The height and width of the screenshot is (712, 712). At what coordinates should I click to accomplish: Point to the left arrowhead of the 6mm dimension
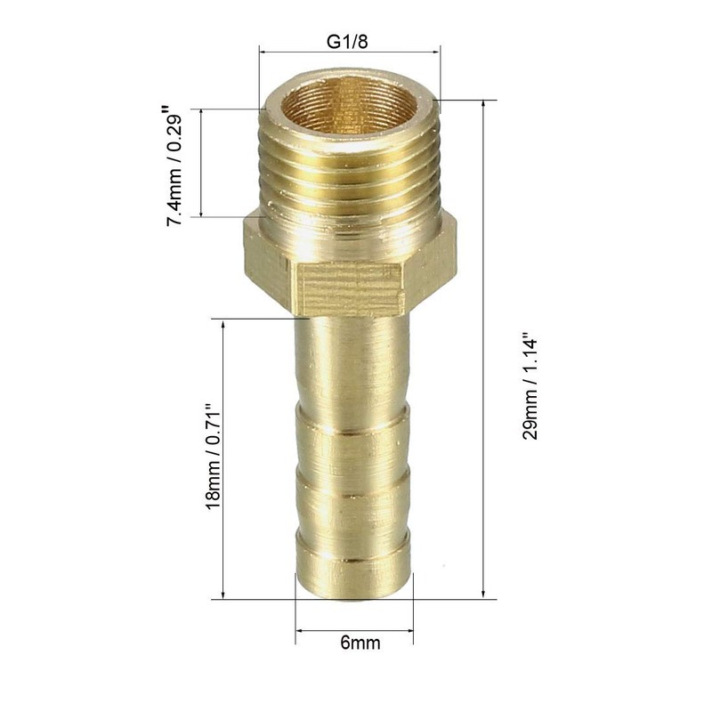pyautogui.click(x=299, y=634)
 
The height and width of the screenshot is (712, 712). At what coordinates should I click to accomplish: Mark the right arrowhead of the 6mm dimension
pyautogui.click(x=410, y=634)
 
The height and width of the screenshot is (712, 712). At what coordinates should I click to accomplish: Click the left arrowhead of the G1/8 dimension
pyautogui.click(x=263, y=53)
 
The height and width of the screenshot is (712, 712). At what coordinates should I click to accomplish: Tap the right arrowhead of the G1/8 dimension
pyautogui.click(x=437, y=53)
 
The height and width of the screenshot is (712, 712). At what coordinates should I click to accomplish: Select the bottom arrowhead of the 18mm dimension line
pyautogui.click(x=222, y=595)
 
